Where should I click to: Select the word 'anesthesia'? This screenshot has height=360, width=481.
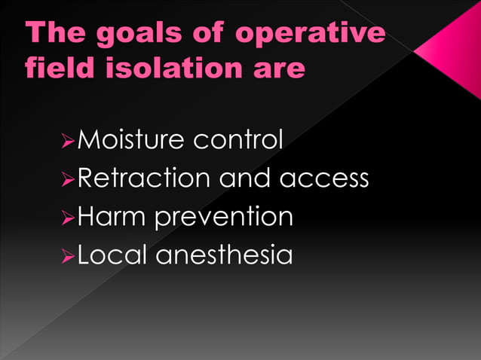(x=224, y=255)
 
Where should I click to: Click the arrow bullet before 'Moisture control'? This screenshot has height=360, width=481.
(x=68, y=140)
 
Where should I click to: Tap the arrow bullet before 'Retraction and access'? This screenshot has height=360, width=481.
(x=68, y=179)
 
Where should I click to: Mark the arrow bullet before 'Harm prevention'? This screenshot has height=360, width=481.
(x=68, y=218)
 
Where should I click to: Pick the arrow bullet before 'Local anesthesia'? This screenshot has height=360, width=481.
(x=68, y=256)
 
